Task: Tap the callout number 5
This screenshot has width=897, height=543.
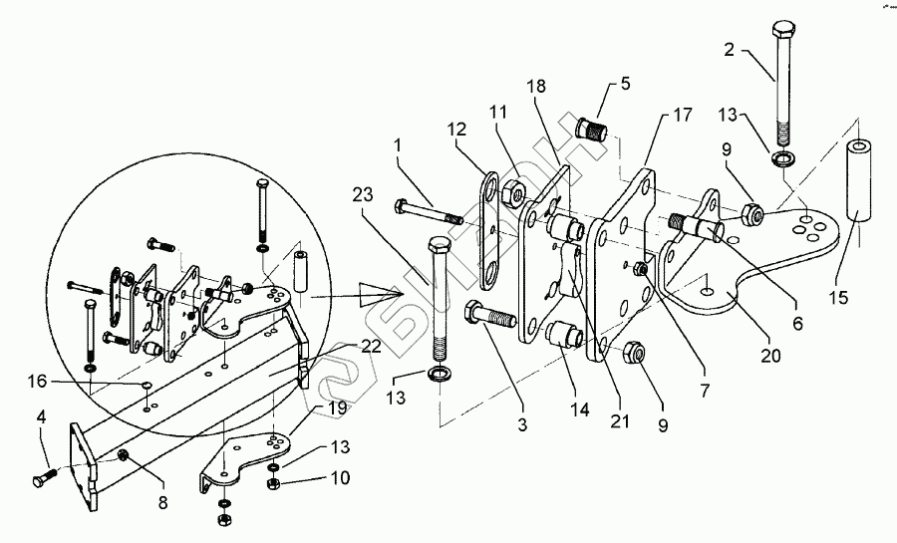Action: coord(624,84)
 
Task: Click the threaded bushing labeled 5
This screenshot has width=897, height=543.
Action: coord(593,130)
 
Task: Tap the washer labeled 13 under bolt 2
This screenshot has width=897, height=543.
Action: coord(784,158)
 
